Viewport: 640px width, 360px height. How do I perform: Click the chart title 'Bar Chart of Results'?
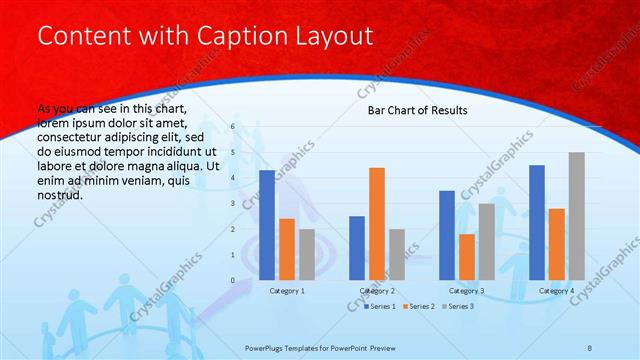pyautogui.click(x=411, y=110)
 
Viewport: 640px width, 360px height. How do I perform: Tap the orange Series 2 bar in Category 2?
pyautogui.click(x=377, y=223)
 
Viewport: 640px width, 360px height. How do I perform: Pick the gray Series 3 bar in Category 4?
pyautogui.click(x=577, y=216)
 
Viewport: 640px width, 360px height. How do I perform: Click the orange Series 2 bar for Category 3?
pyautogui.click(x=467, y=257)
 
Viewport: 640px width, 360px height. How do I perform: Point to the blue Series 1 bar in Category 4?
pyautogui.click(x=537, y=222)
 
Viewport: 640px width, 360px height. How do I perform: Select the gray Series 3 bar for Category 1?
pyautogui.click(x=306, y=254)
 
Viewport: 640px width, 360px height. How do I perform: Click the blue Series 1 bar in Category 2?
pyautogui.click(x=357, y=248)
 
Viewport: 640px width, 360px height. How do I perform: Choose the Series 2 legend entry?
pyautogui.click(x=418, y=305)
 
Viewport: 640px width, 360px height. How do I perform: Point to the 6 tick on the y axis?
pyautogui.click(x=232, y=127)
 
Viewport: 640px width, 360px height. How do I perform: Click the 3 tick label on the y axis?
pyautogui.click(x=232, y=204)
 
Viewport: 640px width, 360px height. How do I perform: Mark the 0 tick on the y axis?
pyautogui.click(x=232, y=280)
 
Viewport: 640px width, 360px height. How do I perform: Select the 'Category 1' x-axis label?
pyautogui.click(x=287, y=290)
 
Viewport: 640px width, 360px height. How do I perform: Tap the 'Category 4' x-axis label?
pyautogui.click(x=557, y=290)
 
